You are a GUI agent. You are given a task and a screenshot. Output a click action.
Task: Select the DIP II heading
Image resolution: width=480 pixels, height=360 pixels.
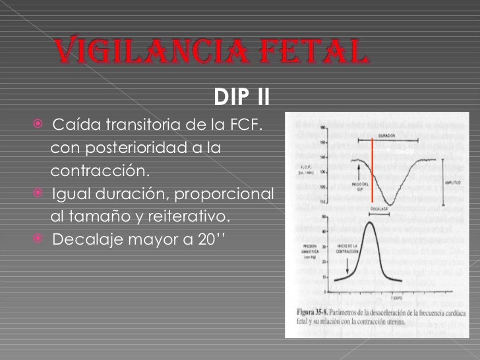[242, 99]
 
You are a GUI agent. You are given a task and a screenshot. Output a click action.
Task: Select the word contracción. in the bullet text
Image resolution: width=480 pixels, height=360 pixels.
[100, 171]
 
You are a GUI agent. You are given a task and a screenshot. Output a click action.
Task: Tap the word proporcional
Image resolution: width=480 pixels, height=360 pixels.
[227, 195]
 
